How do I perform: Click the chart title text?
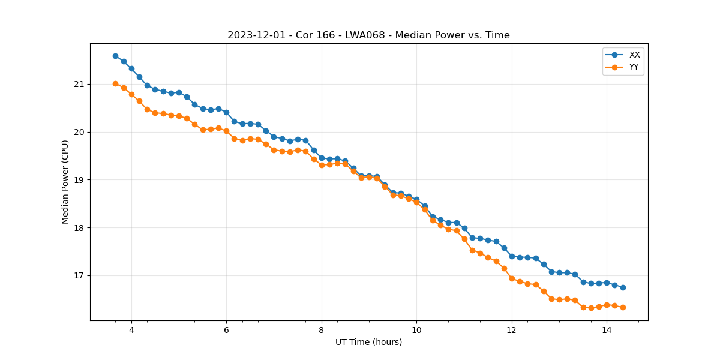pyautogui.click(x=368, y=35)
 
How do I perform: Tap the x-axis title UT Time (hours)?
pyautogui.click(x=368, y=342)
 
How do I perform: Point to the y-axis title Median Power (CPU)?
pyautogui.click(x=65, y=182)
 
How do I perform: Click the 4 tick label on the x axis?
pyautogui.click(x=131, y=330)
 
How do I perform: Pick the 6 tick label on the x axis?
pyautogui.click(x=226, y=330)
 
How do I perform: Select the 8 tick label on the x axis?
pyautogui.click(x=322, y=330)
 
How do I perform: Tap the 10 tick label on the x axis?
pyautogui.click(x=416, y=330)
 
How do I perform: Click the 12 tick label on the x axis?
pyautogui.click(x=511, y=330)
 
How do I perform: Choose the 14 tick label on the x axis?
pyautogui.click(x=607, y=330)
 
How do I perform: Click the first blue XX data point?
pyautogui.click(x=115, y=56)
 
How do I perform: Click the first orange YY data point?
pyautogui.click(x=115, y=83)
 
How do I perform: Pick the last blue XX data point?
pyautogui.click(x=623, y=287)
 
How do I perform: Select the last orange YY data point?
pyautogui.click(x=623, y=307)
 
